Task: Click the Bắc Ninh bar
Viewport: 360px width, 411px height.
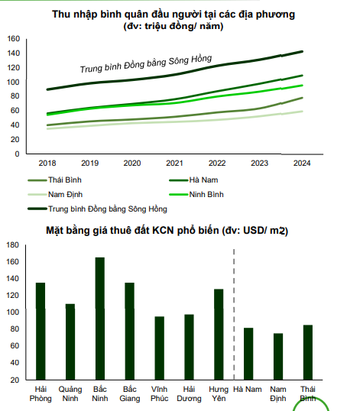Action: pos(100,319)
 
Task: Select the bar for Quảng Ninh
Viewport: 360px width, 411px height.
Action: pos(70,341)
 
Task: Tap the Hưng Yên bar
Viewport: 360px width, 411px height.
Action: pos(219,335)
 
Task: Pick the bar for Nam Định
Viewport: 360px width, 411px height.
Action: pos(278,357)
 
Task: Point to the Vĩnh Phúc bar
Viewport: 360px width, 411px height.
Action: pos(160,348)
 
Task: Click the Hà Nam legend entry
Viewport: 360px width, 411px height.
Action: pos(193,180)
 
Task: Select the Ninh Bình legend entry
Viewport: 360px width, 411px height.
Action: pos(196,195)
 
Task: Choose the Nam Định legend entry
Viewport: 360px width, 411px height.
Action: pos(55,195)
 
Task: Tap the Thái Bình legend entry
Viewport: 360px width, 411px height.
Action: pos(54,180)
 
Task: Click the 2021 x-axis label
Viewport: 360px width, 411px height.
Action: pos(174,163)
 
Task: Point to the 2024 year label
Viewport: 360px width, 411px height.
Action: pos(302,163)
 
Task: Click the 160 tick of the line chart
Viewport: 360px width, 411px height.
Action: pos(14,39)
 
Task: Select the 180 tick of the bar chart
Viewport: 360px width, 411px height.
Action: pos(12,245)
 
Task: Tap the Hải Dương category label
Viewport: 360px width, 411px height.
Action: pos(189,393)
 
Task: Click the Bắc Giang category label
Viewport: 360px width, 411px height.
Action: pos(130,393)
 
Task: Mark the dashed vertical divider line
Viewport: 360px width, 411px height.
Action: pos(234,314)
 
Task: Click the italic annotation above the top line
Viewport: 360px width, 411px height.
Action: pos(146,63)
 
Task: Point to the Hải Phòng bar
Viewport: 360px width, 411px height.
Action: pos(41,332)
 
